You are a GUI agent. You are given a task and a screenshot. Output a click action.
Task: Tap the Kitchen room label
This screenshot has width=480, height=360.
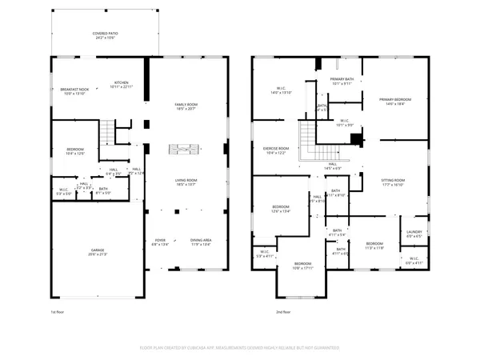(121, 84)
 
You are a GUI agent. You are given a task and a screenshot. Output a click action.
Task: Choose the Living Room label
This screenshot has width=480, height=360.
(186, 182)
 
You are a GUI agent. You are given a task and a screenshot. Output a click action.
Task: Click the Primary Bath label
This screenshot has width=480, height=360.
(342, 81)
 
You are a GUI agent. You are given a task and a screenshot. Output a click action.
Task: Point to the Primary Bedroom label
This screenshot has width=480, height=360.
(393, 100)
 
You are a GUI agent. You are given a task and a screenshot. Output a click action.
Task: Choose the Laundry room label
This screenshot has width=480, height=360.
(414, 234)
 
